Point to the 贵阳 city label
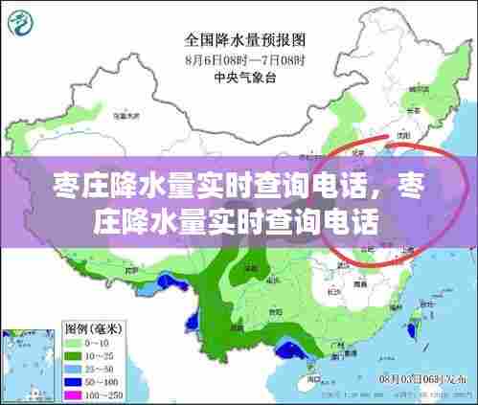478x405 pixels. (278, 311)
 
